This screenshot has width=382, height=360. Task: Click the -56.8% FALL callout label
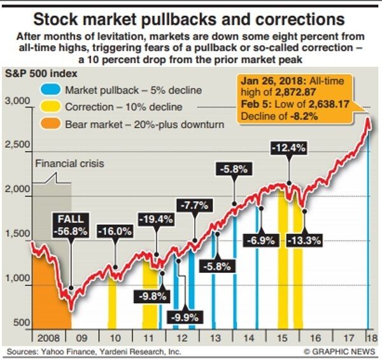(x=70, y=225)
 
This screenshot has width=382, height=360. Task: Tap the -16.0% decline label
(x=115, y=232)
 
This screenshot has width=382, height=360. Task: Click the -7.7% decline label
(x=195, y=205)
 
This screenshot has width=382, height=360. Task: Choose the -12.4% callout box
(x=289, y=148)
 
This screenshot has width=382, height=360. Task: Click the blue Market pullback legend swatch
(x=54, y=91)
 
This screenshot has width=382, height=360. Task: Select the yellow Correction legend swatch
(x=54, y=107)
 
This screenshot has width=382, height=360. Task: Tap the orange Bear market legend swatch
(x=54, y=123)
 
